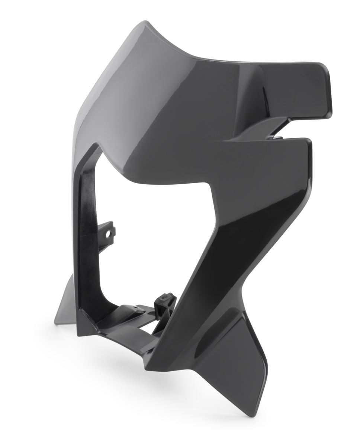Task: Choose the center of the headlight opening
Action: point(149,238)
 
